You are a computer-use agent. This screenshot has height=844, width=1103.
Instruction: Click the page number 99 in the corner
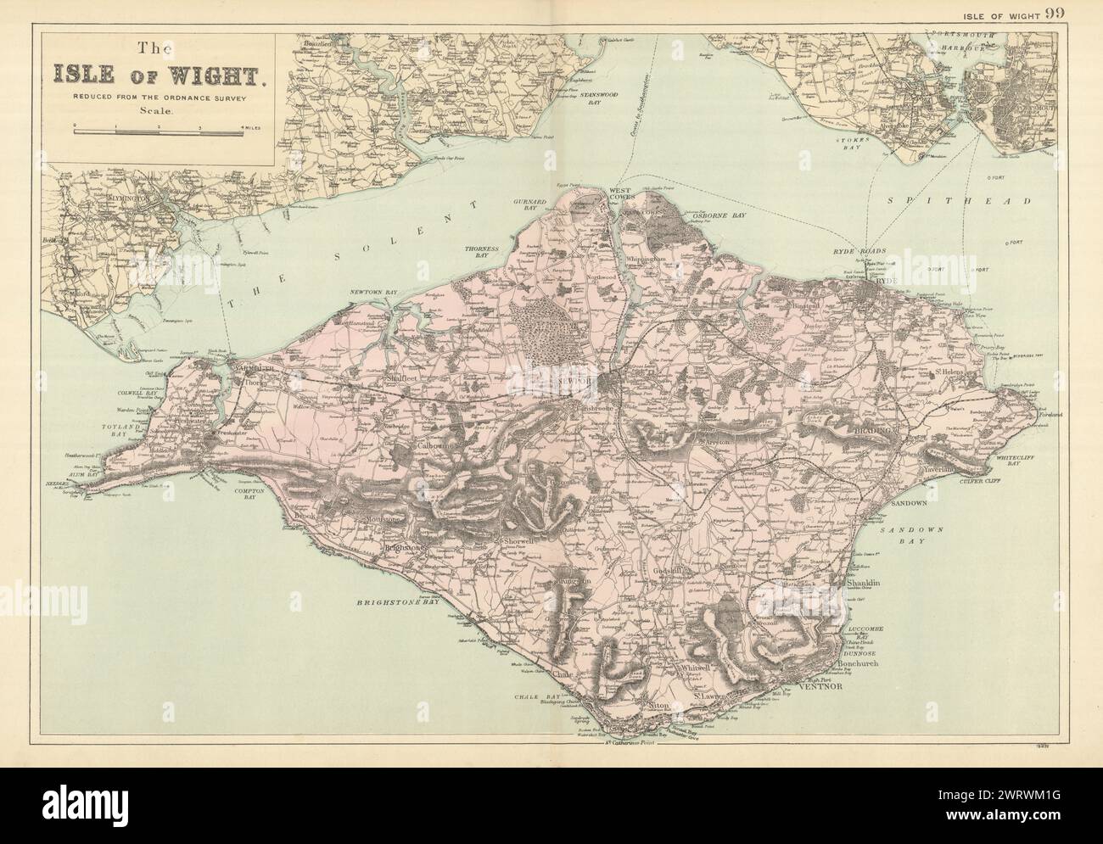[x=1079, y=12]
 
